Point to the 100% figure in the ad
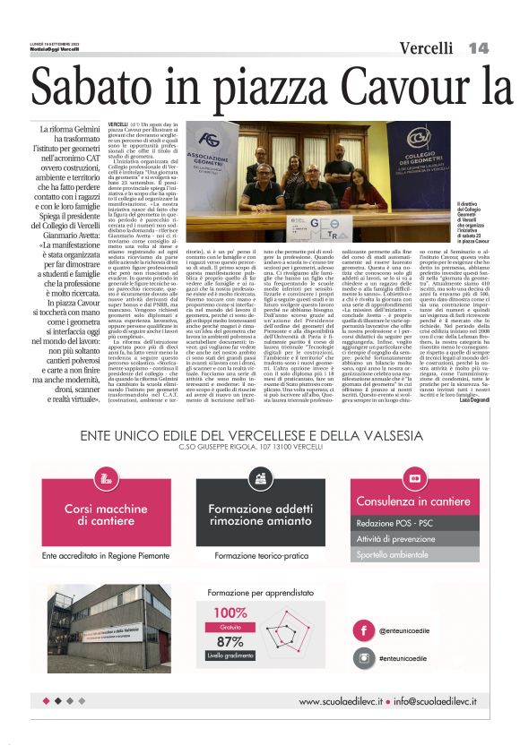(x=230, y=613)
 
